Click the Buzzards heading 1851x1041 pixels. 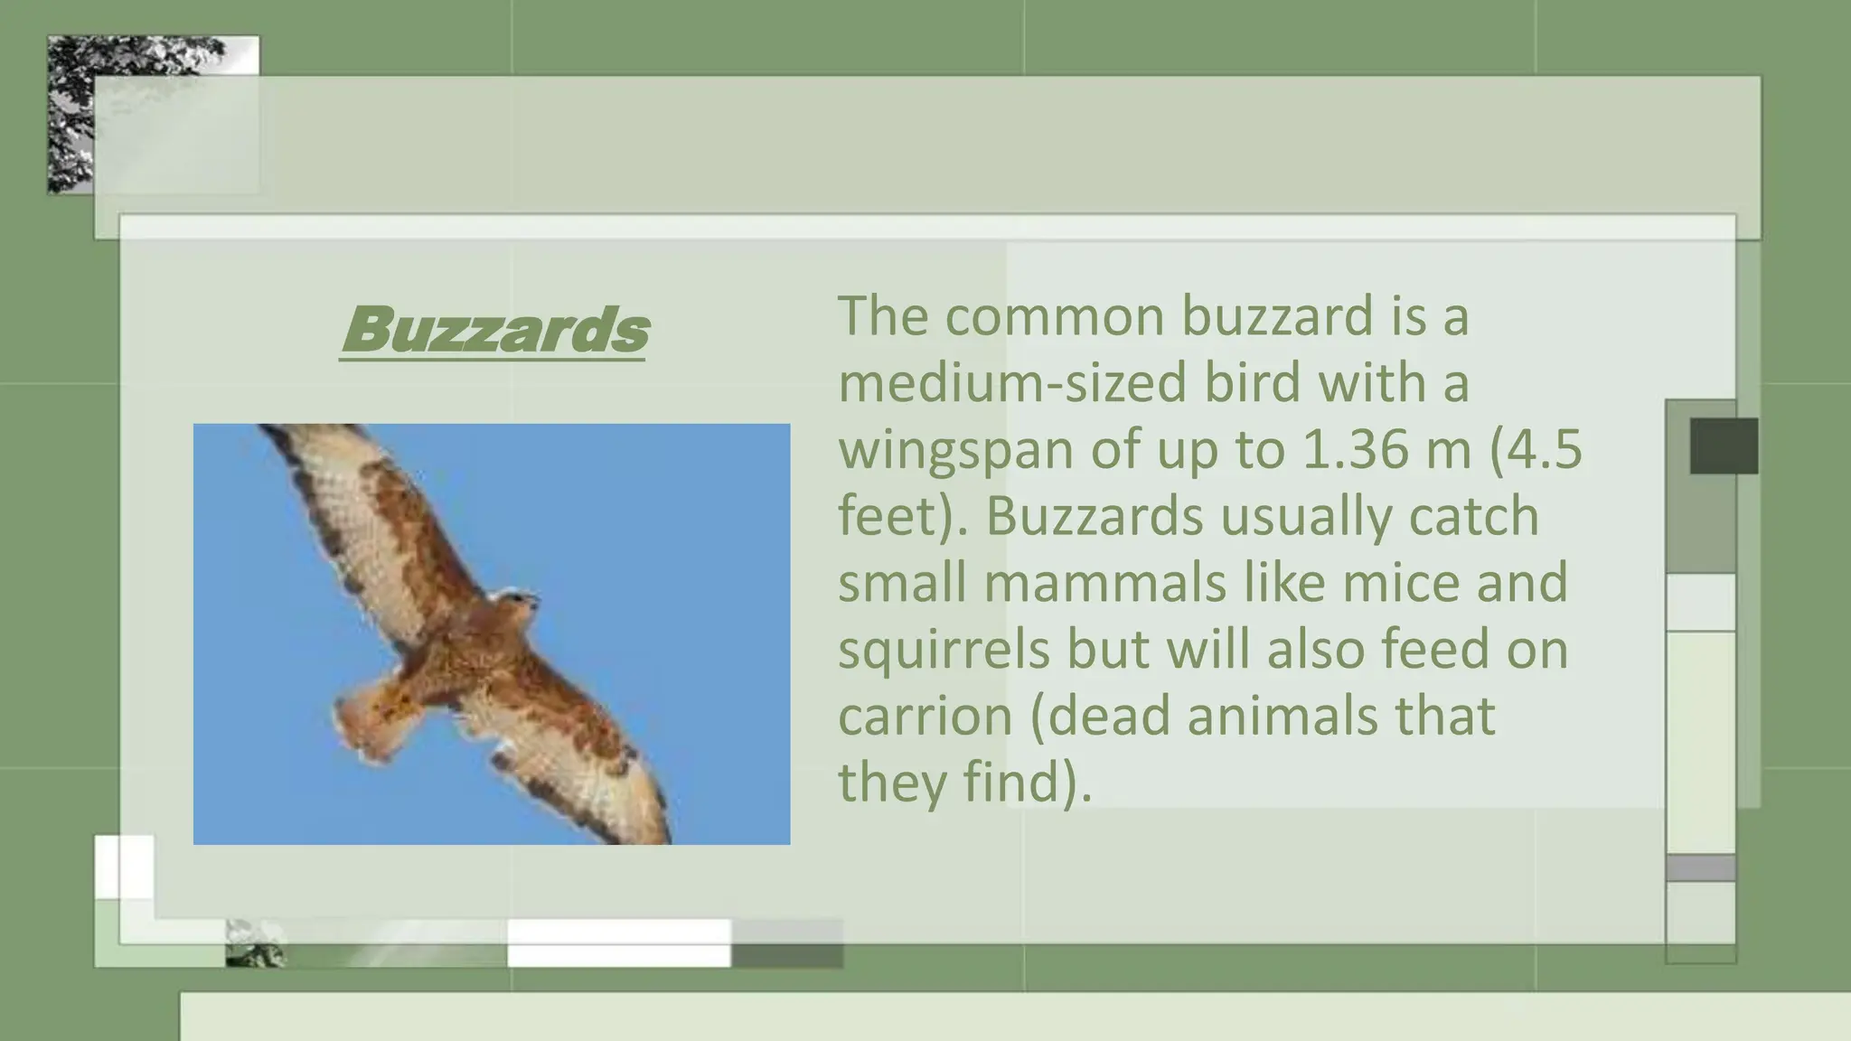click(494, 330)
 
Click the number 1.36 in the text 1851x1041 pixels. click(1354, 449)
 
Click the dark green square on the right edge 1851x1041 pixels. click(1724, 445)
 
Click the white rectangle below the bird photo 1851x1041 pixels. click(619, 943)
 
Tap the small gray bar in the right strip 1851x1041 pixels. click(1700, 867)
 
